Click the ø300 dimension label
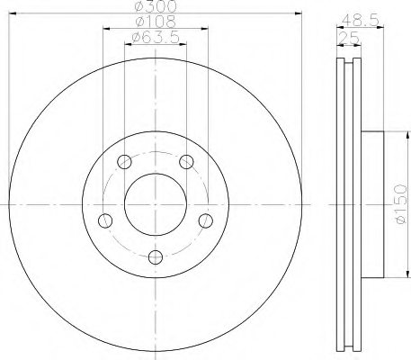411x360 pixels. click(x=155, y=6)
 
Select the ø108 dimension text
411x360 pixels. click(x=155, y=22)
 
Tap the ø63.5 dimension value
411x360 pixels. click(x=155, y=37)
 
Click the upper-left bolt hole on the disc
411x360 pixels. click(x=125, y=162)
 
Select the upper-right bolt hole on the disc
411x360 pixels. click(x=186, y=162)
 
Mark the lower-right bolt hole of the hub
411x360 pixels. click(x=205, y=220)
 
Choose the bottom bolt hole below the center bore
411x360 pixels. click(x=156, y=257)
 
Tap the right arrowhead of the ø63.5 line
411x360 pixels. click(x=183, y=44)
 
